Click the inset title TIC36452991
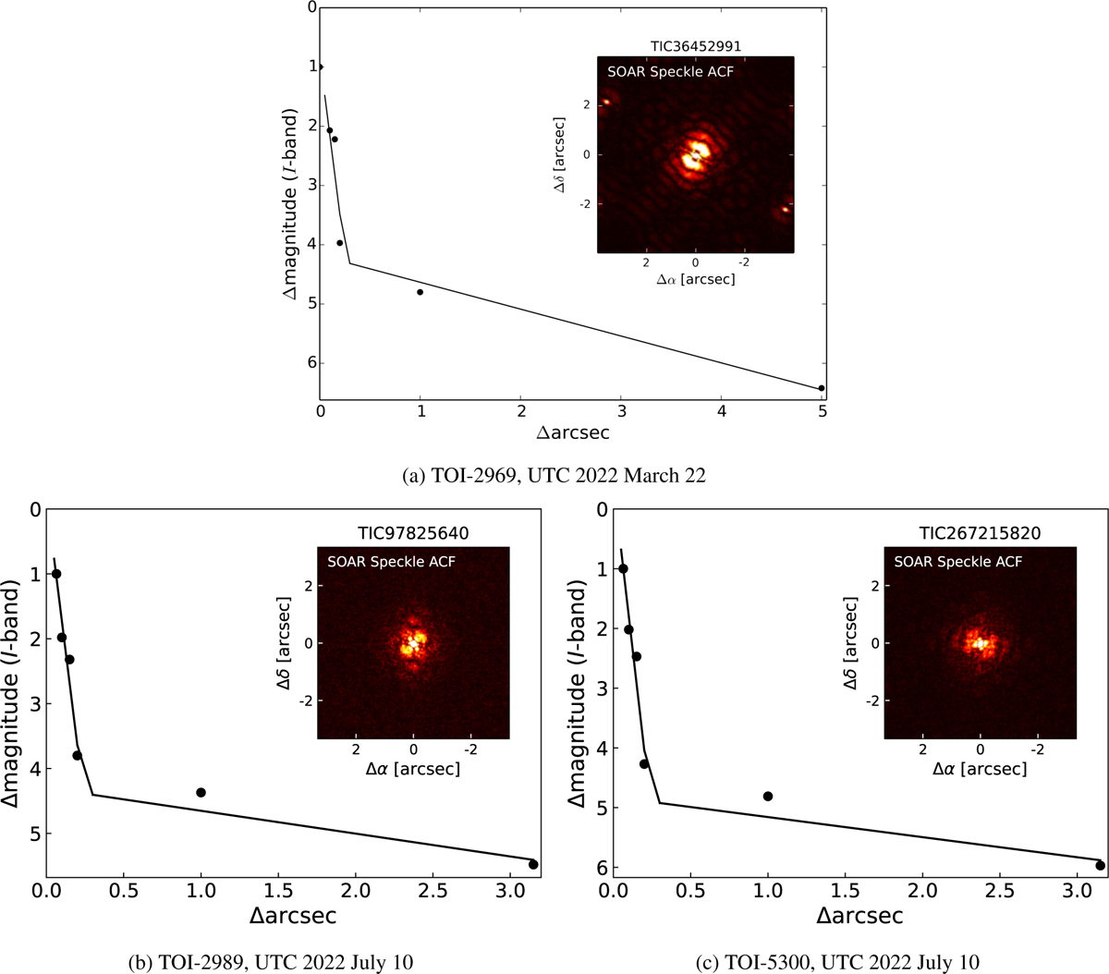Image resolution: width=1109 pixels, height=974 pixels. (x=696, y=46)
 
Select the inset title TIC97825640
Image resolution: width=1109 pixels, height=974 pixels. (x=413, y=533)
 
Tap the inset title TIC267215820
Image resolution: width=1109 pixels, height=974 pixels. (x=981, y=533)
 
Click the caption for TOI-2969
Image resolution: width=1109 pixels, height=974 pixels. (x=554, y=476)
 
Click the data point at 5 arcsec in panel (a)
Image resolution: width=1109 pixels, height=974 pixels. (x=822, y=388)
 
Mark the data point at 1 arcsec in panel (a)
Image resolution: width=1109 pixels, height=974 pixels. (x=420, y=292)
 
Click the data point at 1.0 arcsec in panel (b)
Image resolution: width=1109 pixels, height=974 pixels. (x=201, y=792)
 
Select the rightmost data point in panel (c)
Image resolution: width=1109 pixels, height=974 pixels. (x=1100, y=865)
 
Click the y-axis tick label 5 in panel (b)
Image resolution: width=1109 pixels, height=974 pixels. (x=36, y=834)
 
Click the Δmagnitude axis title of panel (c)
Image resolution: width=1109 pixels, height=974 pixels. (x=579, y=694)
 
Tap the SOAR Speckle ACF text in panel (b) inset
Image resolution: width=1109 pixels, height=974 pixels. (x=391, y=561)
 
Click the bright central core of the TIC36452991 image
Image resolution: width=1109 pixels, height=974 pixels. (x=695, y=154)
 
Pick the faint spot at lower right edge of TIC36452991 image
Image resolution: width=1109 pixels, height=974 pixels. (x=784, y=209)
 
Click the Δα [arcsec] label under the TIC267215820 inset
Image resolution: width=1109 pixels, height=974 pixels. (x=981, y=768)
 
